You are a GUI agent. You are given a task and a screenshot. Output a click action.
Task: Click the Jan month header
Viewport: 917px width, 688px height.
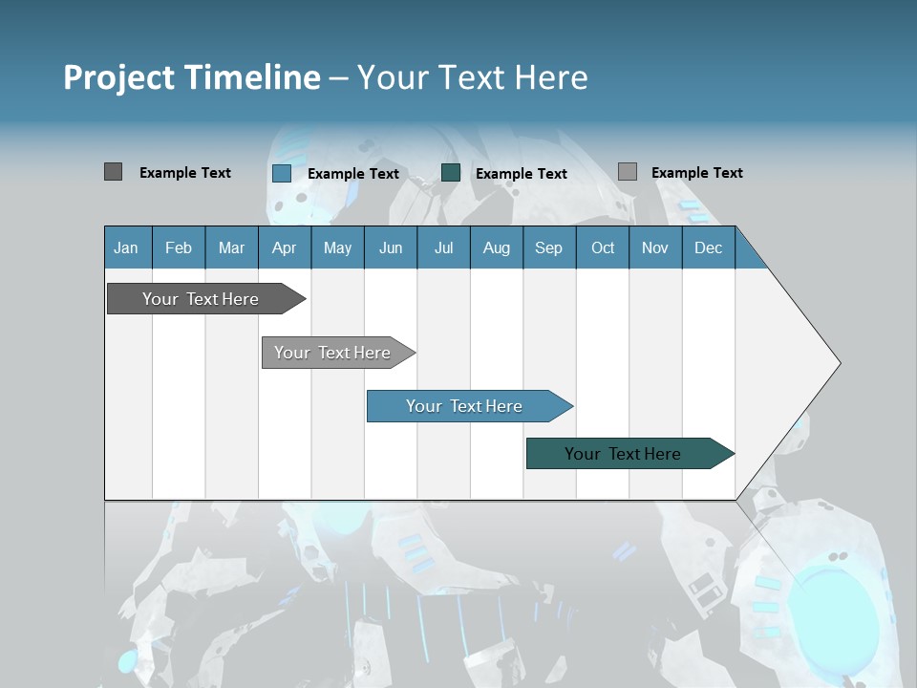(x=127, y=247)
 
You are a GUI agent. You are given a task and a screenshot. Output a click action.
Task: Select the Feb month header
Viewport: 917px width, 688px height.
(x=179, y=247)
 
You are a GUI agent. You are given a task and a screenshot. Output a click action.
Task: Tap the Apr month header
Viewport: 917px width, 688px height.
(x=285, y=247)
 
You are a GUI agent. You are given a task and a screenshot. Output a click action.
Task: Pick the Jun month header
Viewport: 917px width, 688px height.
(x=391, y=247)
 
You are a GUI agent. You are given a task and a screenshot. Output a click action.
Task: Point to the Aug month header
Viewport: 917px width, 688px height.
(x=497, y=247)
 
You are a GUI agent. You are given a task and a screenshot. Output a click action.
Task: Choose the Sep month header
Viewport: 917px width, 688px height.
(x=549, y=247)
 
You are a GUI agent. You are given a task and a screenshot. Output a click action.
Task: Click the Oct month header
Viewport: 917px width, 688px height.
(x=603, y=247)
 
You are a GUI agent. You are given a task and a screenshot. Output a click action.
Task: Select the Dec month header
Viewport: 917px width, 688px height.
(x=709, y=247)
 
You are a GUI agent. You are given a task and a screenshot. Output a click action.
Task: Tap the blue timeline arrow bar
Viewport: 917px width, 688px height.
(x=465, y=406)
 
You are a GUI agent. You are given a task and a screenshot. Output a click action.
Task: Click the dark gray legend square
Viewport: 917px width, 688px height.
(x=113, y=172)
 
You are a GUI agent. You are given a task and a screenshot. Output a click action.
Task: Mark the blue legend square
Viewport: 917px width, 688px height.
(x=281, y=173)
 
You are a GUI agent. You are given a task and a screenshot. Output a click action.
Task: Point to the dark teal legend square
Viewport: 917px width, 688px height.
(x=451, y=173)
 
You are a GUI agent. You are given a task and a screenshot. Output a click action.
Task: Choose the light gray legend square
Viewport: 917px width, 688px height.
(x=627, y=172)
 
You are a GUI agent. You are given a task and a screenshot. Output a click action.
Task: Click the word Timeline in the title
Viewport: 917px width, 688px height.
(x=251, y=77)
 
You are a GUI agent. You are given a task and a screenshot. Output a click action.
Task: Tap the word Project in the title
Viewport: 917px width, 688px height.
(x=119, y=77)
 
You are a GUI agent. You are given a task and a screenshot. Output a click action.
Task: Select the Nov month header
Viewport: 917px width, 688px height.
(x=655, y=247)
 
